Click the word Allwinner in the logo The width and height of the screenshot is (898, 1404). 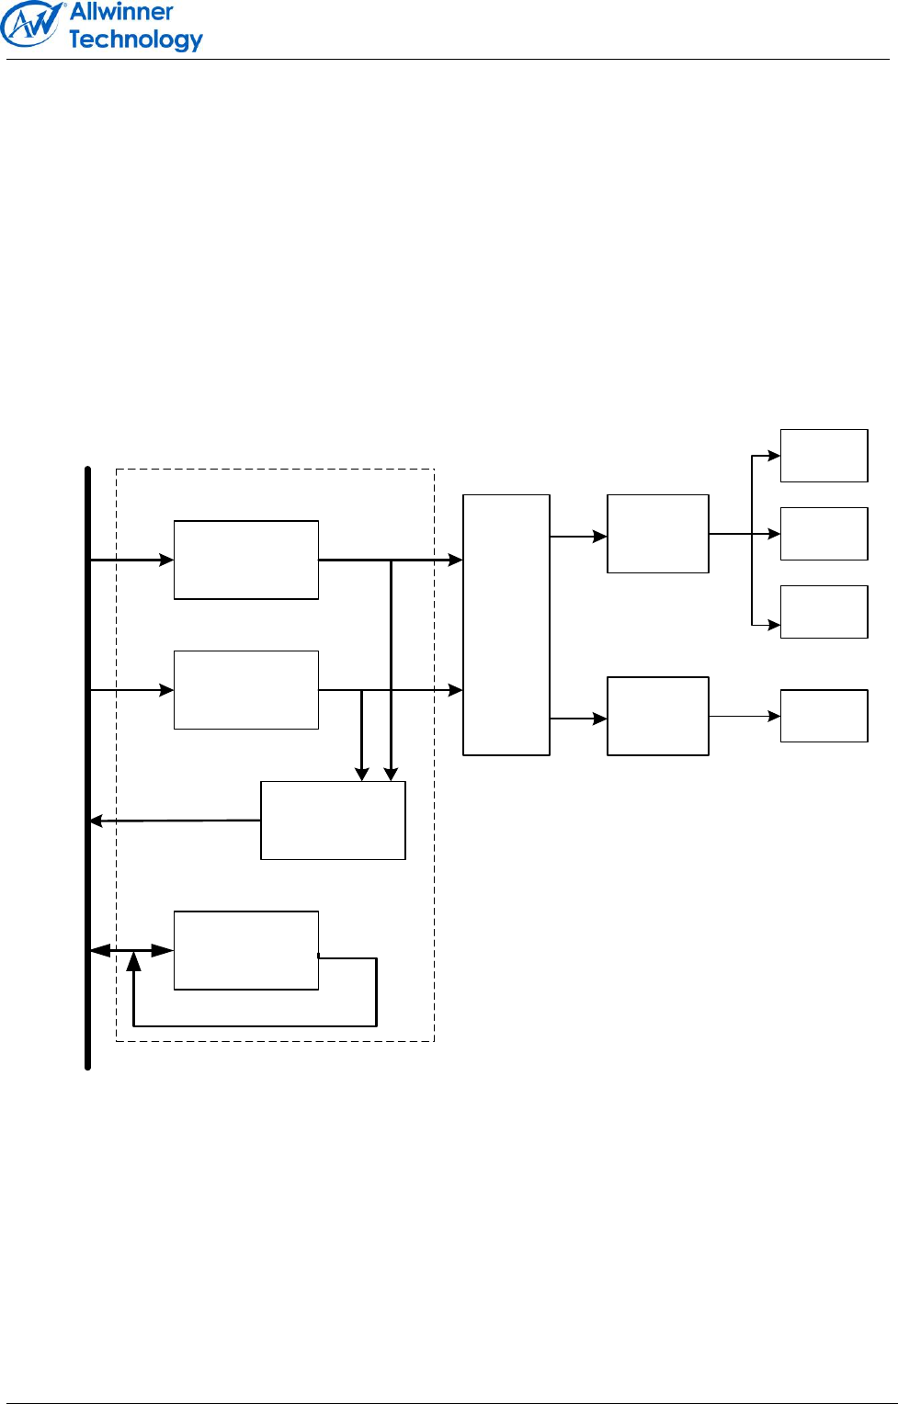coord(121,12)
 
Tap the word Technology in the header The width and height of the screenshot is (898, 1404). coord(135,40)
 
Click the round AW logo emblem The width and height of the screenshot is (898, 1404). coord(31,24)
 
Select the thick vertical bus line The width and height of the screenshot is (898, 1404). coord(88,767)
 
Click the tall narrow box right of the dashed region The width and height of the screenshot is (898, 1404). coord(506,625)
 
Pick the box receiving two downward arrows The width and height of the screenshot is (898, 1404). coord(333,821)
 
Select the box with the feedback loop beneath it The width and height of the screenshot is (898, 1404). coord(246,950)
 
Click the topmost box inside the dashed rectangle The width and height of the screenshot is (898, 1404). coord(246,560)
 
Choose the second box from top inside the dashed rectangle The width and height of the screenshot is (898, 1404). coord(246,690)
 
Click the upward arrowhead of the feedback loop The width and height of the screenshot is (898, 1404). coord(134,962)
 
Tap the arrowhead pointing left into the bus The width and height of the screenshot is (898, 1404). coord(96,821)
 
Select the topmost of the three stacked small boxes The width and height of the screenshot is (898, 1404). coord(824,456)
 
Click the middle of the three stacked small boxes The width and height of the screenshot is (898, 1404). coord(824,534)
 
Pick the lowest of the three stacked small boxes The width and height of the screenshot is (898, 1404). coord(824,612)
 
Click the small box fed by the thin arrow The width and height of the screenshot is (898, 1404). coord(824,716)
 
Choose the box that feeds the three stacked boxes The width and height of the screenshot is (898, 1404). coord(658,534)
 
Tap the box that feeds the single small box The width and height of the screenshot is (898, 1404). coord(658,716)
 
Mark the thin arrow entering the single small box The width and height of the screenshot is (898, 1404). coord(745,716)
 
